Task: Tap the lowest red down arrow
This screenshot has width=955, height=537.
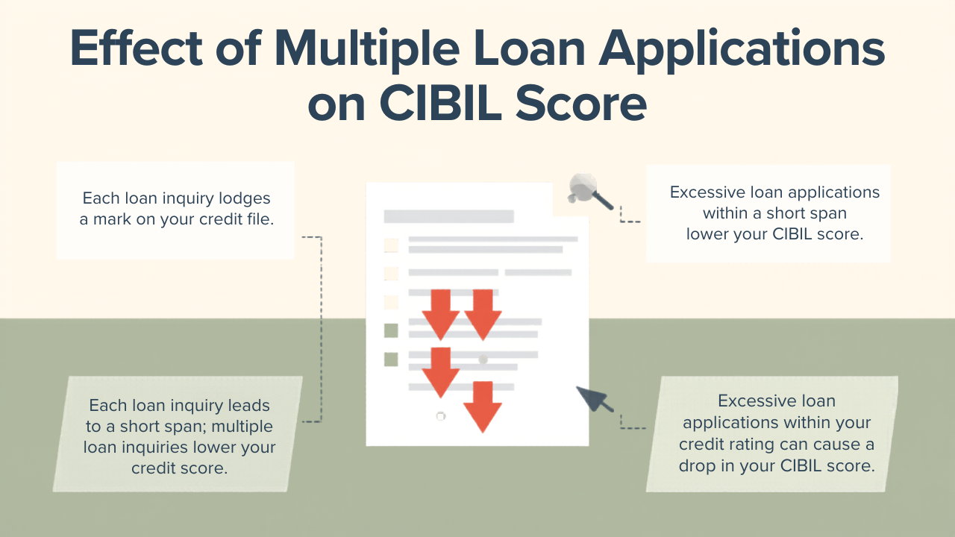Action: (x=482, y=406)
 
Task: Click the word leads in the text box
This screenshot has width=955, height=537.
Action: (x=249, y=406)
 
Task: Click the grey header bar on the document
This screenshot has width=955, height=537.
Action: (x=448, y=217)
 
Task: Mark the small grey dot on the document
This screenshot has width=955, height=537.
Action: (x=483, y=360)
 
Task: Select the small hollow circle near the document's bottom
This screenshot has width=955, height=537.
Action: (x=440, y=416)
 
